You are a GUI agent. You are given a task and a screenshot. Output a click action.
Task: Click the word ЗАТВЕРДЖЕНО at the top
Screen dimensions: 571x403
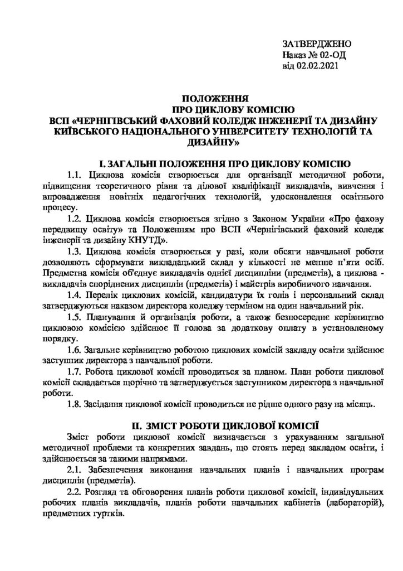coord(317,43)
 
